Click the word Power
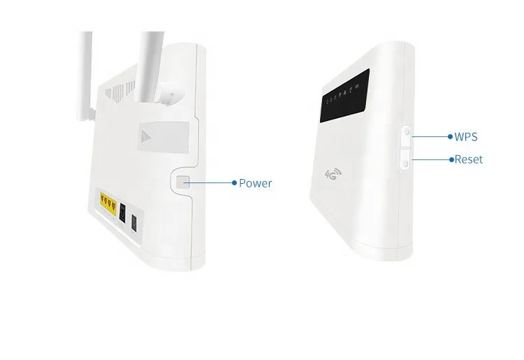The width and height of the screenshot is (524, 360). [x=255, y=183]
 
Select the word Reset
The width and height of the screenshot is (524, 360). [x=468, y=159]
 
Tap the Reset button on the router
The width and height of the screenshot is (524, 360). [x=405, y=159]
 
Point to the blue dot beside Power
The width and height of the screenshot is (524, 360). [x=234, y=183]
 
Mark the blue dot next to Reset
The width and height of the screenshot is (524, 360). [x=451, y=159]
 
